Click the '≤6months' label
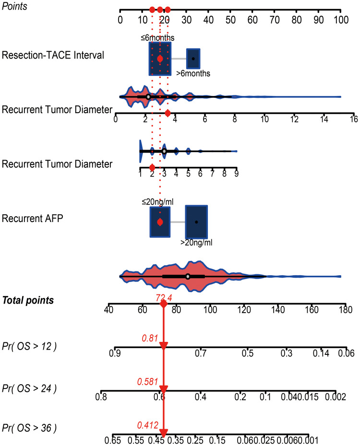click(x=157, y=37)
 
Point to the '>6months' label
click(x=193, y=73)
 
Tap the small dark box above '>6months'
click(x=193, y=59)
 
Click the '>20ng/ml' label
click(x=196, y=243)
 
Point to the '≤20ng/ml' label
click(x=157, y=201)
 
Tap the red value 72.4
click(x=164, y=298)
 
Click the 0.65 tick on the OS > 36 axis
click(x=113, y=439)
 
